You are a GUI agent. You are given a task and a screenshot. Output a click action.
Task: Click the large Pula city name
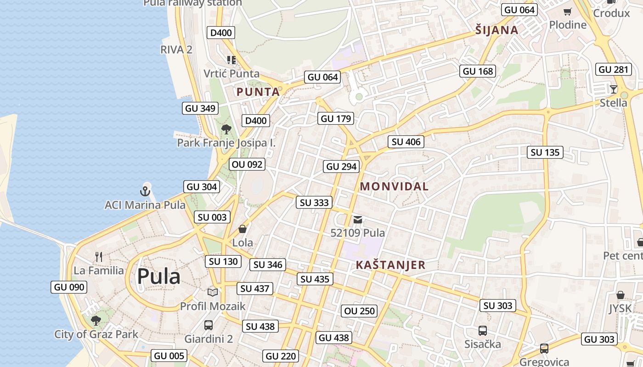[x=158, y=277]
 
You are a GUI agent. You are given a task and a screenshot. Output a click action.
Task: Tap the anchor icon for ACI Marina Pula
[x=145, y=191]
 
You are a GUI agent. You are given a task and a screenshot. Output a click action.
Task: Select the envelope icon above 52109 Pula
[x=358, y=220]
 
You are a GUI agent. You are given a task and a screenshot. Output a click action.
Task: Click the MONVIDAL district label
[x=394, y=187]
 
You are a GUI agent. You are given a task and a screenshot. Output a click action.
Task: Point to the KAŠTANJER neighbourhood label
[x=390, y=265]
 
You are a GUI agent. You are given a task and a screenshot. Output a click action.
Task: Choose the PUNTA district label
[x=258, y=92]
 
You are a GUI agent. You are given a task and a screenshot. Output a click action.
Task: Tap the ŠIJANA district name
[x=497, y=30]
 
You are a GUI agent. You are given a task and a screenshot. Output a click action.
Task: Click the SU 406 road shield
[x=406, y=142]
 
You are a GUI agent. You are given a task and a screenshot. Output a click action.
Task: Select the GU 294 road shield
[x=341, y=167]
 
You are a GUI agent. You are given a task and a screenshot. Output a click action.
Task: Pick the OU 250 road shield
[x=360, y=311]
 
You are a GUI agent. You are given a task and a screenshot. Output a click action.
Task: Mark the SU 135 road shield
[x=545, y=152]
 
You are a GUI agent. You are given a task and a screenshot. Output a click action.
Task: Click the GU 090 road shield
[x=69, y=287]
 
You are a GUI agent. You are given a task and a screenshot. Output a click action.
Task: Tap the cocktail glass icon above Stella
[x=613, y=89]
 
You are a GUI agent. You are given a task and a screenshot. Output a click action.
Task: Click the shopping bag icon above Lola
[x=243, y=228]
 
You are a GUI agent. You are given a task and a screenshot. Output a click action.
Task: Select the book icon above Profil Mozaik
[x=212, y=292]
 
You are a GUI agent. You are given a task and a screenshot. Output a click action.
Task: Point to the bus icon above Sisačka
[x=482, y=330]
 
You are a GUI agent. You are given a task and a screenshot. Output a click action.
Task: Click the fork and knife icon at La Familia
[x=99, y=256]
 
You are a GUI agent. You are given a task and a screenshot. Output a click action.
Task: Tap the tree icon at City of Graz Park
[x=96, y=320]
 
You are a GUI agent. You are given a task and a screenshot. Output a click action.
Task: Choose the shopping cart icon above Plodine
[x=568, y=11]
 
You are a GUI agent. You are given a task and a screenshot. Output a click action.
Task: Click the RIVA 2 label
[x=176, y=50]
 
